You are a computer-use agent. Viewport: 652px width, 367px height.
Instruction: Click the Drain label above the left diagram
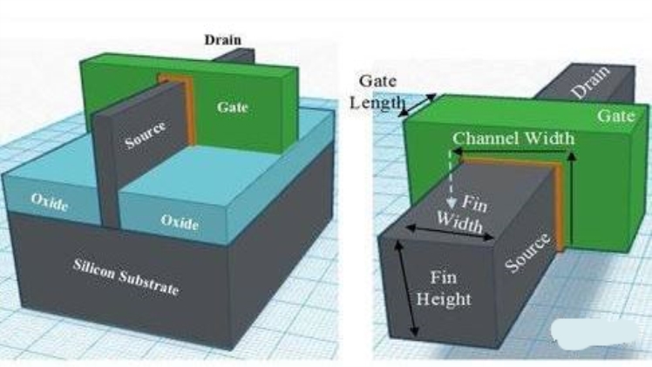(x=222, y=40)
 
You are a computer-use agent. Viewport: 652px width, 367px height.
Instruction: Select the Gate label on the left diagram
(x=233, y=106)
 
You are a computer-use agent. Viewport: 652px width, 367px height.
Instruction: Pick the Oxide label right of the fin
(x=179, y=221)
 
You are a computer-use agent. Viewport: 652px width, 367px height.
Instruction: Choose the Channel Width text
(x=513, y=138)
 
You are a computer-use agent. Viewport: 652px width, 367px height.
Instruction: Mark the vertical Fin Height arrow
(x=408, y=289)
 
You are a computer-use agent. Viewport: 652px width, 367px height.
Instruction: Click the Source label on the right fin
(x=528, y=254)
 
